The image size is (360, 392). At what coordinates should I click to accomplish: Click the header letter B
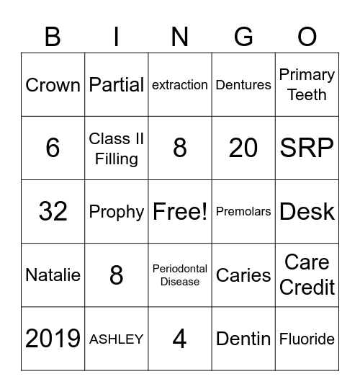(53, 36)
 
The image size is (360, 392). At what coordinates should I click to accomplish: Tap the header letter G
(243, 36)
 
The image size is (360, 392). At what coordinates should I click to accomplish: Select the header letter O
(307, 36)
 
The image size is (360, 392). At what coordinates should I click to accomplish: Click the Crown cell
(53, 85)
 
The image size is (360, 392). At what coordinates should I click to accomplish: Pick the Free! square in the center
(180, 212)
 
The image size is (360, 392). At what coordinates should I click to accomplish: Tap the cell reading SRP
(307, 148)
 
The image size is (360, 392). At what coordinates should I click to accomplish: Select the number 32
(53, 212)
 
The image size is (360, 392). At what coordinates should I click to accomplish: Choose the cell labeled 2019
(53, 339)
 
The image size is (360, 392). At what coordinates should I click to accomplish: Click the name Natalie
(53, 275)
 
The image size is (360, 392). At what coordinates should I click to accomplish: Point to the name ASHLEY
(116, 339)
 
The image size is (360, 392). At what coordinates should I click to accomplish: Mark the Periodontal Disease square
(180, 275)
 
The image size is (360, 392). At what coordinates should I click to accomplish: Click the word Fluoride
(307, 339)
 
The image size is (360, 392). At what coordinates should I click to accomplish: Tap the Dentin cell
(243, 339)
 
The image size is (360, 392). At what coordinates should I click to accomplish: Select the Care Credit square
(307, 275)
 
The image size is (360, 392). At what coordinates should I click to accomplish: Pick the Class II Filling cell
(116, 148)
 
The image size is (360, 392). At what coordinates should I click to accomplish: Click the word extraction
(180, 85)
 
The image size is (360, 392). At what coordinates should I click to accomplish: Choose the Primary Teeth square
(307, 85)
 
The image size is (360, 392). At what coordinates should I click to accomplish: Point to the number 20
(243, 148)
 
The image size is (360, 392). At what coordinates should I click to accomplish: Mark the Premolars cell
(243, 212)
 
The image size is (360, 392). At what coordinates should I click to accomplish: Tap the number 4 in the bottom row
(180, 339)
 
